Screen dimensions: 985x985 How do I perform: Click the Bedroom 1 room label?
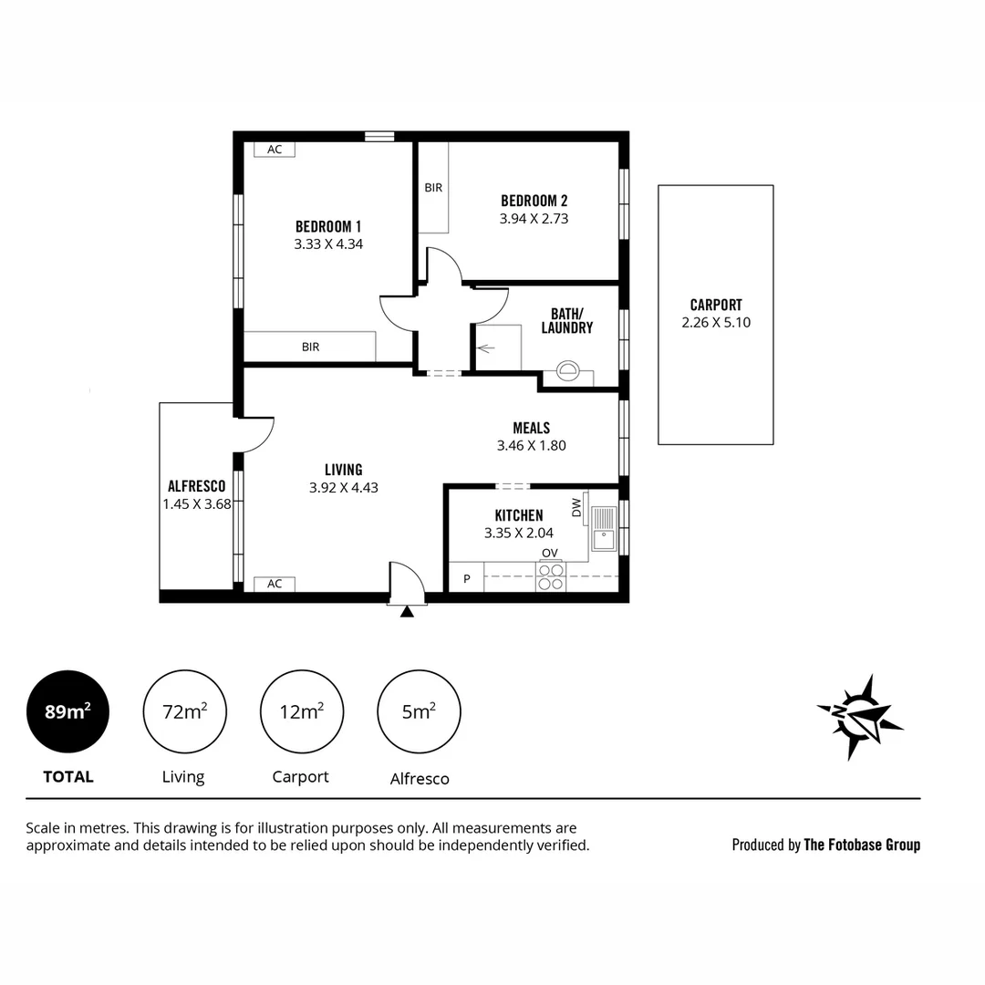[x=328, y=226]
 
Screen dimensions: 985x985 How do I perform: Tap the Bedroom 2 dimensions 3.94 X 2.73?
[x=534, y=219]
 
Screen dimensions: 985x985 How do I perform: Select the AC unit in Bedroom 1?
[x=275, y=150]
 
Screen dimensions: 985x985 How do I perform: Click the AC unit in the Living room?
[x=275, y=584]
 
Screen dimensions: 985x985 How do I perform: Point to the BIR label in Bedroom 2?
[x=433, y=188]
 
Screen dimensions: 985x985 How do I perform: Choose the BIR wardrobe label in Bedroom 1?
[x=311, y=347]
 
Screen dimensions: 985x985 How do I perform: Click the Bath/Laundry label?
[x=566, y=320]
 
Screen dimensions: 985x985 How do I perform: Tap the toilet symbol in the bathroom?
[x=569, y=371]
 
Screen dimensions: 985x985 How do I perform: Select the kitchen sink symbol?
[x=604, y=530]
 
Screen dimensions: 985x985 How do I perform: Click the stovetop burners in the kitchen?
[x=551, y=577]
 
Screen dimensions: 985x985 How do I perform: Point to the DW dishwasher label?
[x=576, y=508]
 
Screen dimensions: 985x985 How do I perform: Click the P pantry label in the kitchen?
[x=467, y=578]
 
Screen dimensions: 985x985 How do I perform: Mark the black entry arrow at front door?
[x=407, y=611]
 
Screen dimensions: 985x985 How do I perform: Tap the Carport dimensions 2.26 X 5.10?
[x=716, y=322]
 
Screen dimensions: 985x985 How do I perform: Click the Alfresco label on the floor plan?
[x=196, y=486]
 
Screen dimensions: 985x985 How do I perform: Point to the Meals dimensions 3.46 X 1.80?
[x=531, y=446]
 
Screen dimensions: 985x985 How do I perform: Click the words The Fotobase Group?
[x=861, y=845]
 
